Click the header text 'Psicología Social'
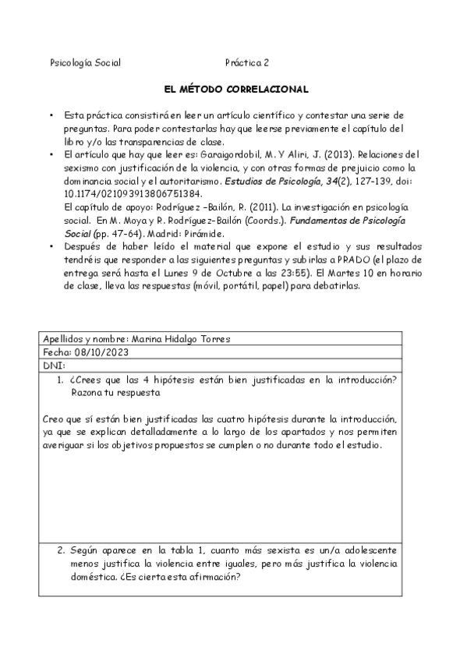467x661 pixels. click(x=85, y=62)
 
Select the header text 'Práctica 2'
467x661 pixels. click(x=247, y=62)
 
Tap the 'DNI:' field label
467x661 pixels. click(x=55, y=365)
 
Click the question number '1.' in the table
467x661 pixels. click(x=62, y=380)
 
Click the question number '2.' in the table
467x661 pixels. click(x=62, y=550)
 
